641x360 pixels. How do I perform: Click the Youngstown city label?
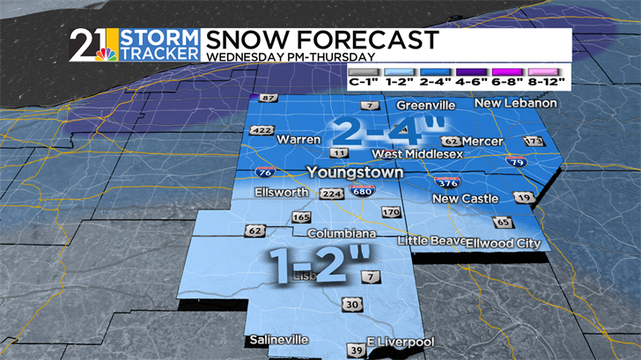tap(355, 173)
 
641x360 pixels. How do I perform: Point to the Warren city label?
tap(298, 139)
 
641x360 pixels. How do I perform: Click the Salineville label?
tap(278, 340)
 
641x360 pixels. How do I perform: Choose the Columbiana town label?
tap(342, 233)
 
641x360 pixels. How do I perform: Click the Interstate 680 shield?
tap(358, 192)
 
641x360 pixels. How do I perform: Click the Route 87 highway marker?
tap(268, 99)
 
